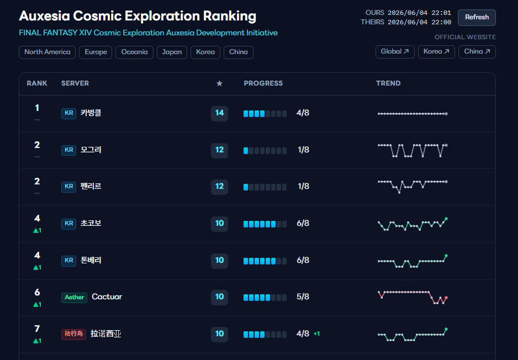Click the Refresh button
(477, 18)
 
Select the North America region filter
(47, 52)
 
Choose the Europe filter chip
(96, 52)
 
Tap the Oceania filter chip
(134, 52)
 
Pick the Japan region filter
(172, 52)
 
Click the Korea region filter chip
(205, 52)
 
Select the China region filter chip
(239, 52)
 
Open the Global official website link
(395, 52)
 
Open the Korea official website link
(436, 52)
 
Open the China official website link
(477, 52)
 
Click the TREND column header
(388, 83)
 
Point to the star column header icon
(219, 83)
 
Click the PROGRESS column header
(263, 83)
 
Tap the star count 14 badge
(219, 113)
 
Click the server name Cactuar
(107, 297)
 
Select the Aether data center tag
(75, 297)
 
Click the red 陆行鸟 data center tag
(73, 334)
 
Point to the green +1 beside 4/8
(316, 334)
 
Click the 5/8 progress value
(303, 297)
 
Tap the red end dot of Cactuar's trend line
(446, 298)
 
